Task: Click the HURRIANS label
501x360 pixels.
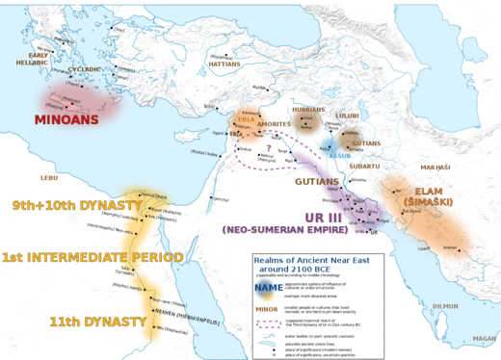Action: click(308, 111)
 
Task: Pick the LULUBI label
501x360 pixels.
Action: click(347, 116)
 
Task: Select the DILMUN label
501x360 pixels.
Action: click(444, 306)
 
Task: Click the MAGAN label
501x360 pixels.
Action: click(484, 339)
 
